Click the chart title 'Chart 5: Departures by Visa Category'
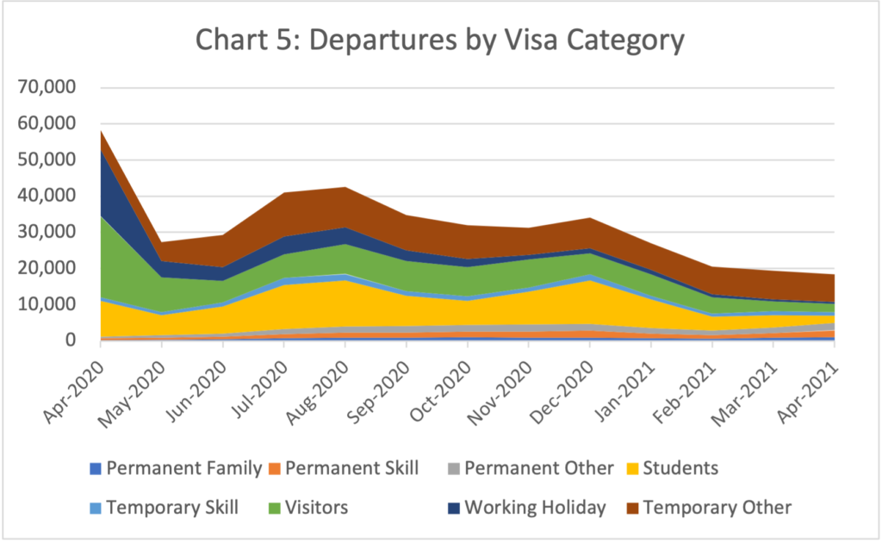point(440,41)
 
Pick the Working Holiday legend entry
point(535,508)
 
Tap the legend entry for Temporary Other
point(717,508)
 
